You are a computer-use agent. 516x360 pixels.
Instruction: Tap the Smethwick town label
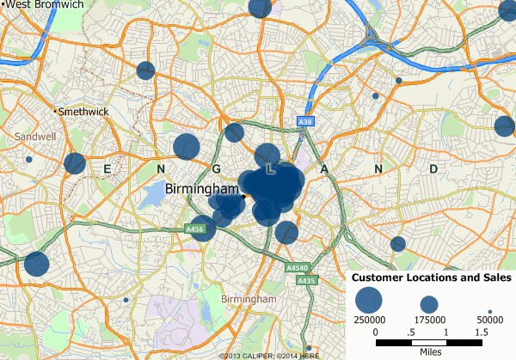pos(83,112)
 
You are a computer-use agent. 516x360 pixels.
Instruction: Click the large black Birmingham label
pos(200,188)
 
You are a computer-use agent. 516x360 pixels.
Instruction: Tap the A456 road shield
pos(193,229)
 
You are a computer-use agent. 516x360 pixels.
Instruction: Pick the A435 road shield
pos(306,281)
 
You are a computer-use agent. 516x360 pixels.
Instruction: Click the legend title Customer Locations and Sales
pos(433,278)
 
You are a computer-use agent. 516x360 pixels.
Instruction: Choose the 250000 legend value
pos(369,319)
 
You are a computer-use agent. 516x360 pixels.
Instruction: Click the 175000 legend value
pos(430,319)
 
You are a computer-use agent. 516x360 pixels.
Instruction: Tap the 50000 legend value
pos(488,319)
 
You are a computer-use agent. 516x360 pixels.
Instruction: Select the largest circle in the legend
pos(369,299)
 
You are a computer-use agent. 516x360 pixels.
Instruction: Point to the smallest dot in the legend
pos(488,311)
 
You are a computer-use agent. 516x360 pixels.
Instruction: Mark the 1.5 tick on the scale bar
pos(482,331)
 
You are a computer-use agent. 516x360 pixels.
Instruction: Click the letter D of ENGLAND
pos(433,169)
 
